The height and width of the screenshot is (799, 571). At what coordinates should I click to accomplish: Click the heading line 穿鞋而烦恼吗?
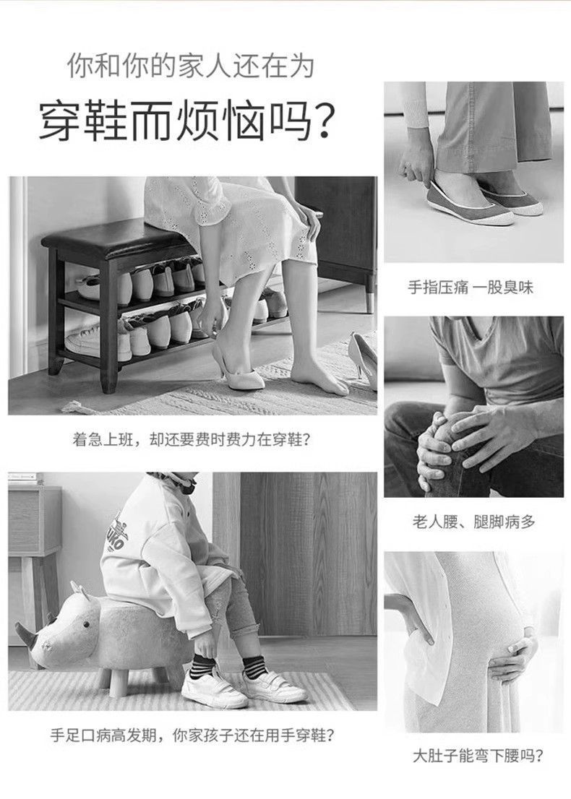click(x=188, y=122)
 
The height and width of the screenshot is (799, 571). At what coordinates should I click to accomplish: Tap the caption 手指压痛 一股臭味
click(x=470, y=288)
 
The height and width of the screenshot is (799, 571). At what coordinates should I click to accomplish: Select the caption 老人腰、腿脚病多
click(x=473, y=522)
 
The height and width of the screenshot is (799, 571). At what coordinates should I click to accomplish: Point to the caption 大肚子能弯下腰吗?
click(x=478, y=755)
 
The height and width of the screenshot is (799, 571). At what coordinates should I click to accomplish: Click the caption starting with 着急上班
click(x=192, y=439)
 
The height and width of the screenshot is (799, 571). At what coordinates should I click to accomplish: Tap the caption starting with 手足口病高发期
click(x=193, y=735)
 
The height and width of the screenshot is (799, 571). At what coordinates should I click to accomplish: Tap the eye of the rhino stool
click(x=87, y=625)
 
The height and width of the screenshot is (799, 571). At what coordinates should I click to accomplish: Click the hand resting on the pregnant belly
click(x=514, y=657)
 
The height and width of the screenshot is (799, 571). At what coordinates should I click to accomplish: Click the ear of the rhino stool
click(x=78, y=590)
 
